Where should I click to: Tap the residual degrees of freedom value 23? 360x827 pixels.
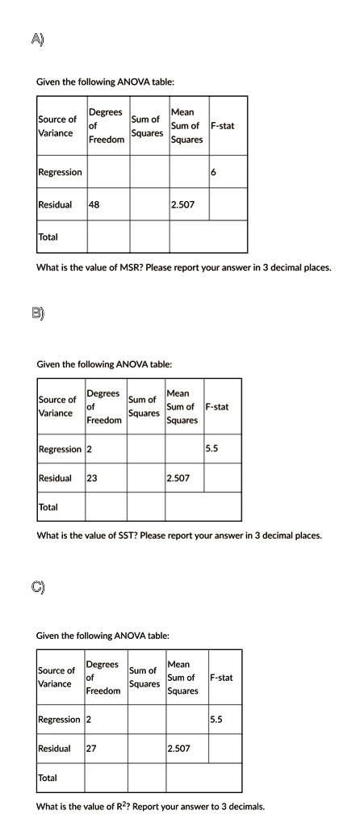pyautogui.click(x=92, y=478)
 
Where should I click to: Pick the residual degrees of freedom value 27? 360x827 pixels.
pyautogui.click(x=91, y=749)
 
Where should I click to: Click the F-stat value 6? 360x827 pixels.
pyautogui.click(x=212, y=173)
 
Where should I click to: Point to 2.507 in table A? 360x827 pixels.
pyautogui.click(x=182, y=205)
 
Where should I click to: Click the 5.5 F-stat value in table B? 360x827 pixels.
pyautogui.click(x=211, y=448)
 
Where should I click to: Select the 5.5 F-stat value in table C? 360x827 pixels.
pyautogui.click(x=216, y=719)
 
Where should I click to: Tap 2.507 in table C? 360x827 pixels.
pyautogui.click(x=178, y=749)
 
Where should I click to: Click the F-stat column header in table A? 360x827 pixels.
pyautogui.click(x=222, y=126)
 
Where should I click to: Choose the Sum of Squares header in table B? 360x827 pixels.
pyautogui.click(x=143, y=406)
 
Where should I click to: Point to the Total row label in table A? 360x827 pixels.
pyautogui.click(x=48, y=236)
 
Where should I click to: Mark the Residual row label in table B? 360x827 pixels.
pyautogui.click(x=55, y=478)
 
